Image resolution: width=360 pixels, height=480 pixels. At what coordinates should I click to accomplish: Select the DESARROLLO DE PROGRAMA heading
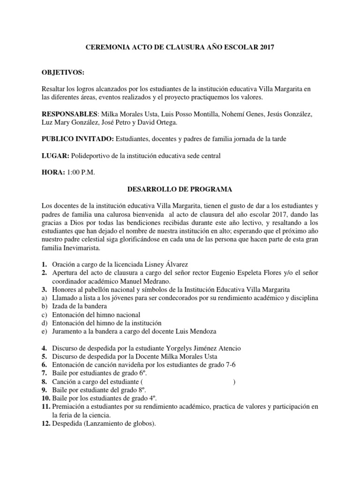(180, 189)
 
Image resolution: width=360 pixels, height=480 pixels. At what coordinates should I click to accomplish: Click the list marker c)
(44, 315)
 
